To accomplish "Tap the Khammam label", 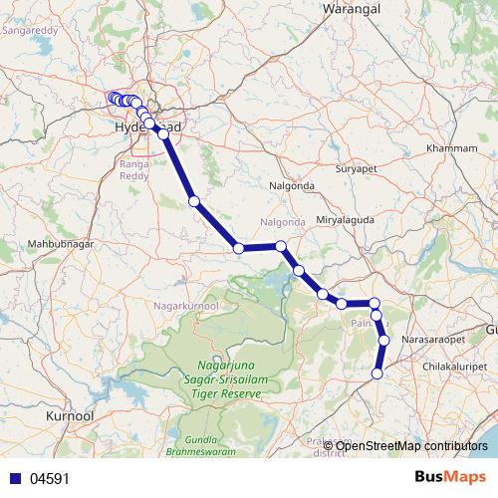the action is pyautogui.click(x=452, y=147).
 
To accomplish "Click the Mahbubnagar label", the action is pyautogui.click(x=58, y=242).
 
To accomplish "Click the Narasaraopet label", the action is pyautogui.click(x=433, y=340).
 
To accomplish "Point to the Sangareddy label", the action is pyautogui.click(x=30, y=31).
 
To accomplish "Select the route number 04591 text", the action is pyautogui.click(x=50, y=479).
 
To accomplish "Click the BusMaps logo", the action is pyautogui.click(x=457, y=477).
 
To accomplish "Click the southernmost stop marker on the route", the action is pyautogui.click(x=377, y=373).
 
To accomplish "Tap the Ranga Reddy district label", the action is pyautogui.click(x=134, y=168).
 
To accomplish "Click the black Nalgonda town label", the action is pyautogui.click(x=292, y=186).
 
